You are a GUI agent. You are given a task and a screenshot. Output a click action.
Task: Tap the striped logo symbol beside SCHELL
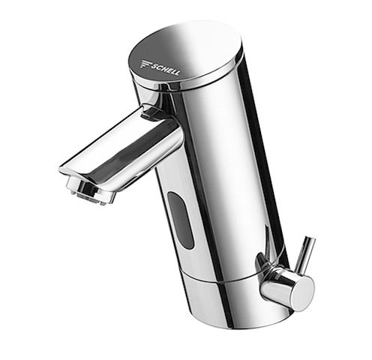click(147, 64)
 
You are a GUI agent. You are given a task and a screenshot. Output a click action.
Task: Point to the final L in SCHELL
click(176, 73)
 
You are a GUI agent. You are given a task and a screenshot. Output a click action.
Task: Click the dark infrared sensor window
click(180, 220)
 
